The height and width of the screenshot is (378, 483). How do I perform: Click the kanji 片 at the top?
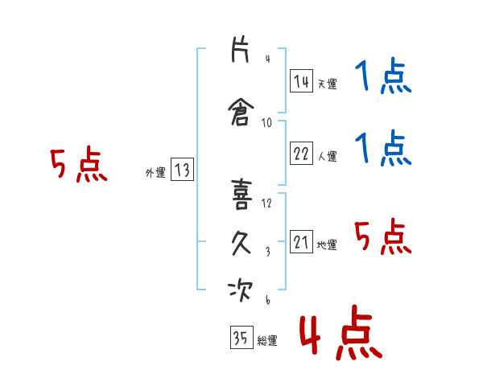pos(240,49)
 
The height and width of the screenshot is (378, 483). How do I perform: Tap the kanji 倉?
pos(241,113)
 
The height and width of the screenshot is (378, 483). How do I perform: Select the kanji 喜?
pos(242,195)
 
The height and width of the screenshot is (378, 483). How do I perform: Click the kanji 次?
pos(240,290)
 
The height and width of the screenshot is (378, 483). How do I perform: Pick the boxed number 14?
pos(301,81)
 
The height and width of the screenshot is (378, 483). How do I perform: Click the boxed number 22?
pos(301,153)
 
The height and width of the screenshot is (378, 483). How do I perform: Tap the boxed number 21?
pos(301,241)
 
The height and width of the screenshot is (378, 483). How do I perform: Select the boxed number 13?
pos(182,169)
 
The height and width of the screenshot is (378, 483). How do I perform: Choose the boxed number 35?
pos(242,337)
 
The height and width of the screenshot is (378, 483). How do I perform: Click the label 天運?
pos(327,84)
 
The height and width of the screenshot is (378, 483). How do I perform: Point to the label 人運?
pos(327,156)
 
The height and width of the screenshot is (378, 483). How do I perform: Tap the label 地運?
pos(327,244)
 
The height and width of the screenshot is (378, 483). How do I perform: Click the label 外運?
pos(155,173)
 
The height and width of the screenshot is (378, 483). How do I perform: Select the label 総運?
pos(267,341)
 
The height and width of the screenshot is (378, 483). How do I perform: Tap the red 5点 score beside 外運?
pos(79,164)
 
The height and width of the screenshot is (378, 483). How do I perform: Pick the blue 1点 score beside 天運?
pos(383,76)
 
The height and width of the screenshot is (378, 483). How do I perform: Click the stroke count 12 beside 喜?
pos(266,203)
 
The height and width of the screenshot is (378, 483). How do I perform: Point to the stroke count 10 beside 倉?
pos(266,123)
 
